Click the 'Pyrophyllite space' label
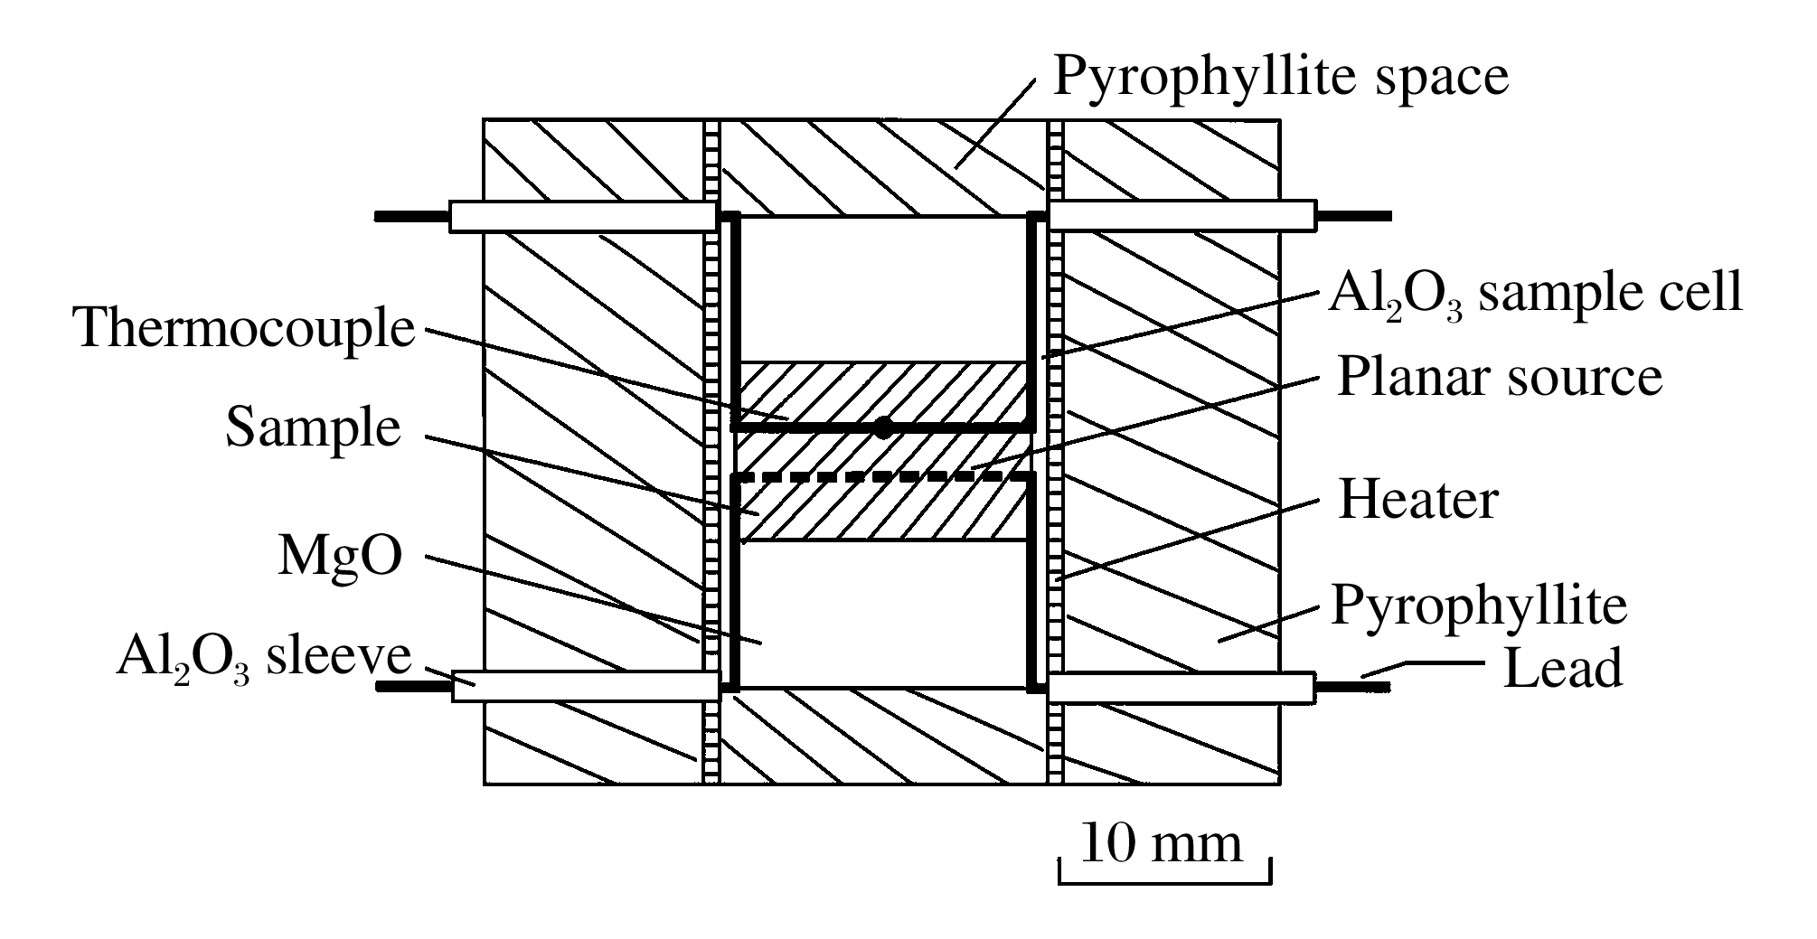[x=1280, y=76]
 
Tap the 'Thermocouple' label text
[x=245, y=327]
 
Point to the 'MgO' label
[x=340, y=557]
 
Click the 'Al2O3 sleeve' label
[x=263, y=658]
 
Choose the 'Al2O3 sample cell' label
[x=1534, y=293]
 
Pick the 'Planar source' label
[x=1499, y=376]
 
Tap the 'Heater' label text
[x=1417, y=500]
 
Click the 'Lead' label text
[x=1562, y=670]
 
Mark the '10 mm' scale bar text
[x=1162, y=843]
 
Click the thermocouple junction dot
[x=883, y=427]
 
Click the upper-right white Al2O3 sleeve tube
[x=1181, y=216]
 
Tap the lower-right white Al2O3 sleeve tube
[x=1181, y=688]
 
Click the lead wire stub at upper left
[x=412, y=217]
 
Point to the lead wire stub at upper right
[x=1352, y=216]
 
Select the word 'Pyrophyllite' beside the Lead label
[x=1479, y=605]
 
